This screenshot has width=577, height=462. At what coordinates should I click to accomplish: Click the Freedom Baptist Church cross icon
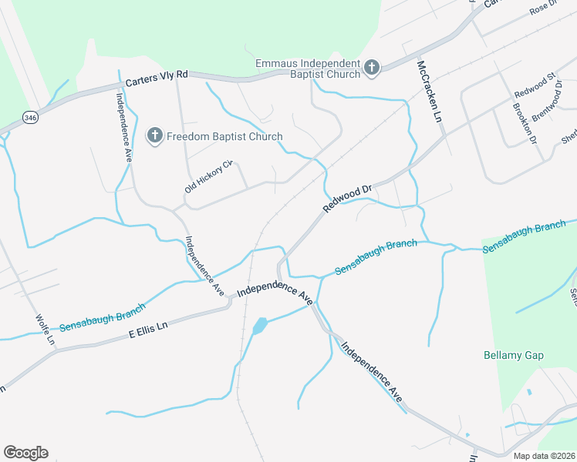(x=154, y=136)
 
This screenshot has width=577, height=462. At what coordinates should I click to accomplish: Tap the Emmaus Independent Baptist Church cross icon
(x=371, y=68)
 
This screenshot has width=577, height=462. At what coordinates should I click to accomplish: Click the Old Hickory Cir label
(x=208, y=177)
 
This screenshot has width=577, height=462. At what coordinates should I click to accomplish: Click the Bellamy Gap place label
(x=514, y=355)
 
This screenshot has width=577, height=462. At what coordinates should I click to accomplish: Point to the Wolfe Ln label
(x=46, y=330)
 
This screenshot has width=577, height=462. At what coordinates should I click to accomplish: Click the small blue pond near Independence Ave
(x=259, y=326)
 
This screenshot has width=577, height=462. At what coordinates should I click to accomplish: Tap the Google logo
(x=25, y=453)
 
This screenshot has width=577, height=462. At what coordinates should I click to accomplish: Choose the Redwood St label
(x=535, y=85)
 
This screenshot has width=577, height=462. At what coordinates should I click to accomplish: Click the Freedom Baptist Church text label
(x=224, y=136)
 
